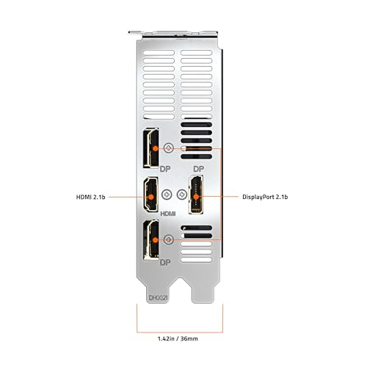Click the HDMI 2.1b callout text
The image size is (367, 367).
click(91, 197)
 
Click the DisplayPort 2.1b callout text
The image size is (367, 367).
click(265, 197)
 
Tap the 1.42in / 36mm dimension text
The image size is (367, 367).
click(178, 338)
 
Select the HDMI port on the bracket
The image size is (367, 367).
click(150, 195)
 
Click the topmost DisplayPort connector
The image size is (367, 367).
click(151, 148)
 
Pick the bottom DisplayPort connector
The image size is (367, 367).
click(151, 239)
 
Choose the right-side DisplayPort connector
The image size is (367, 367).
click(196, 195)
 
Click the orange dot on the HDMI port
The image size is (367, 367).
click(151, 197)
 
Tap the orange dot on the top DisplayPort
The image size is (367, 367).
click(155, 148)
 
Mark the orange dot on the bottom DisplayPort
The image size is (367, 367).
click(155, 240)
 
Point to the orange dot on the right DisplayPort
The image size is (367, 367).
click(196, 197)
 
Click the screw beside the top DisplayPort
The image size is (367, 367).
click(169, 148)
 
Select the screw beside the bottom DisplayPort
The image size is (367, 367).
click(169, 240)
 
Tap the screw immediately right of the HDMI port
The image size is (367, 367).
click(167, 195)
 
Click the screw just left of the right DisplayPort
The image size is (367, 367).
click(182, 195)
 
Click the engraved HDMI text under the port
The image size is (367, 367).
click(168, 214)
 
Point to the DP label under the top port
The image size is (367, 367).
click(165, 169)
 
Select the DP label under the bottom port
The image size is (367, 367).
click(165, 263)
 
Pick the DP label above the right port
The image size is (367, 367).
click(198, 169)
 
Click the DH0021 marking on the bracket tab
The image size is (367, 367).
click(159, 298)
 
